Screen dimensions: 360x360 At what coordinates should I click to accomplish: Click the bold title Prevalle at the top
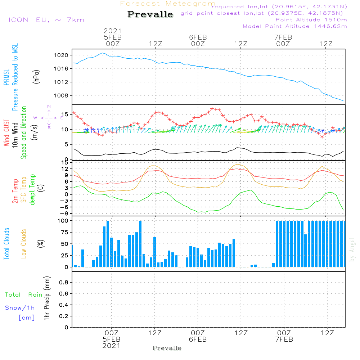pyautogui.click(x=150, y=15)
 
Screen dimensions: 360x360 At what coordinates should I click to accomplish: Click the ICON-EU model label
pyautogui.click(x=46, y=20)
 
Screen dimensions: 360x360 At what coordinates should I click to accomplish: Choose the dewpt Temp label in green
pyautogui.click(x=32, y=190)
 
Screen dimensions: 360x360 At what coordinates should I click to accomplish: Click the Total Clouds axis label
pyautogui.click(x=6, y=244)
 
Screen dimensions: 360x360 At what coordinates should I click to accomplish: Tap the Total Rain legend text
pyautogui.click(x=24, y=294)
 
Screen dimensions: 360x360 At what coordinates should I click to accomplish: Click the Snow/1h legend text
pyautogui.click(x=20, y=308)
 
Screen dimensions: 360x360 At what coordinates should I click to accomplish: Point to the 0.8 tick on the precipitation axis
pyautogui.click(x=64, y=283)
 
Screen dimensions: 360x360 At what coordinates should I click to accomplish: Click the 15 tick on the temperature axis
pyautogui.click(x=65, y=162)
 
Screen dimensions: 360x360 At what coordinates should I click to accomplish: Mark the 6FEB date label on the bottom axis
pyautogui.click(x=198, y=339)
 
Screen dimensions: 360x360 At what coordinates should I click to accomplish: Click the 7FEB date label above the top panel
pyautogui.click(x=283, y=37)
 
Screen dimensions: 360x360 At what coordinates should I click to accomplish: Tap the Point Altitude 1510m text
pyautogui.click(x=311, y=19)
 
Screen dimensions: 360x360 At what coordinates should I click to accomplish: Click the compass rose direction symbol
pyautogui.click(x=49, y=117)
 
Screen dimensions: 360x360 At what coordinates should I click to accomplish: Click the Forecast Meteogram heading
pyautogui.click(x=168, y=4)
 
